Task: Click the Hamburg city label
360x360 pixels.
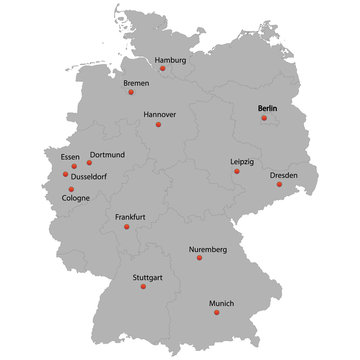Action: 178,59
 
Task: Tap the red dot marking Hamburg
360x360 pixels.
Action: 163,68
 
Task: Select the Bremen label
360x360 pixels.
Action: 136,83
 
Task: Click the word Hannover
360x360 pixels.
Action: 159,114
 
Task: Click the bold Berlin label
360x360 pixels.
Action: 269,107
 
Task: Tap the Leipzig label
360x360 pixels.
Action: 242,160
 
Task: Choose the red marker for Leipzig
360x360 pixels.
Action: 237,171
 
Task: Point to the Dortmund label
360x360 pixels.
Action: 107,155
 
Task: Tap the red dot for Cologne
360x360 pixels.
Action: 71,188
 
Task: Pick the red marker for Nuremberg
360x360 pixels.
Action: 199,258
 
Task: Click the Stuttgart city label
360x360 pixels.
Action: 148,276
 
